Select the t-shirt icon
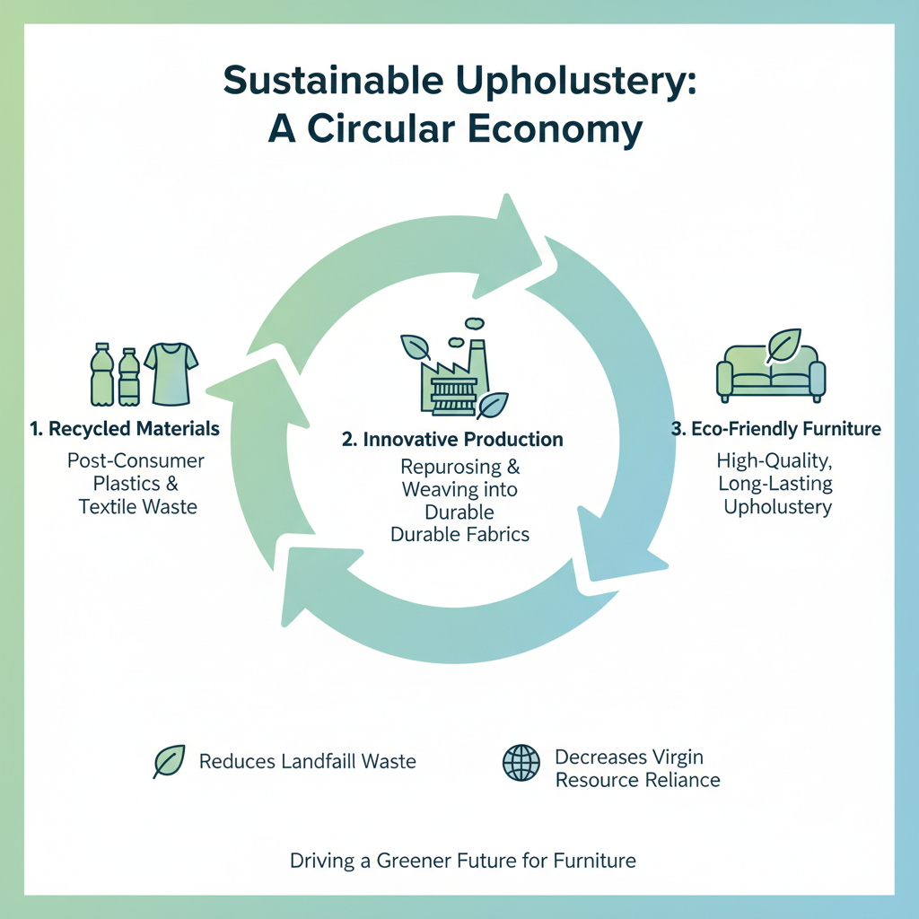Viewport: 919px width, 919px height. tap(171, 372)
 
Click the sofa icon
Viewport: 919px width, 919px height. tap(771, 376)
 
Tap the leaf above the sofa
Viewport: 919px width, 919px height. tap(783, 346)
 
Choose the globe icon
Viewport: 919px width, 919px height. tap(521, 764)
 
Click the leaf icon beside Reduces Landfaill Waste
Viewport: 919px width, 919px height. tap(170, 762)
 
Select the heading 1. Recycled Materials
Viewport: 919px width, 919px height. tap(124, 429)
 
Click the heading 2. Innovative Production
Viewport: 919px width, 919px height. tap(452, 440)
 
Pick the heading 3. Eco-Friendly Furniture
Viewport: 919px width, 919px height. tap(776, 429)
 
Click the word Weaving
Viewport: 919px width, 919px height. tap(433, 490)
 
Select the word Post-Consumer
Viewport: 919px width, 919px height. tap(136, 461)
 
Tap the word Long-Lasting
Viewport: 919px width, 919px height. tap(775, 485)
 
